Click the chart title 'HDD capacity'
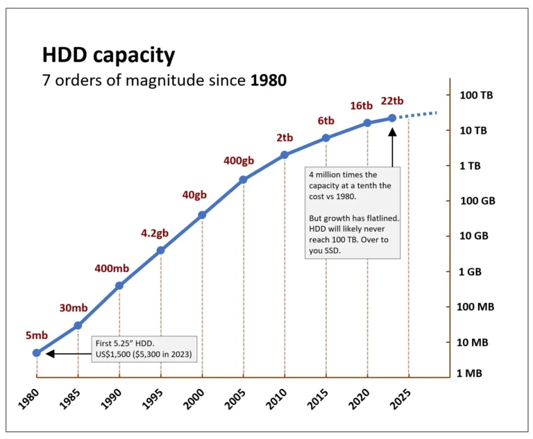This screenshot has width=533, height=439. (108, 55)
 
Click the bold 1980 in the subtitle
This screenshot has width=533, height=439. (267, 81)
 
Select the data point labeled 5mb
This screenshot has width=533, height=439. (37, 353)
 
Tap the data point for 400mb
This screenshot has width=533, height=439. (119, 286)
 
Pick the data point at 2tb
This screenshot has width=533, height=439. (285, 155)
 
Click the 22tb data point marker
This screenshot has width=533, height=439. (392, 118)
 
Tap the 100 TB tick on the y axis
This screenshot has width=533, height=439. (476, 95)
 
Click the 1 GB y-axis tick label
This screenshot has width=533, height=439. (470, 272)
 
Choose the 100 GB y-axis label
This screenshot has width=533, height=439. (476, 201)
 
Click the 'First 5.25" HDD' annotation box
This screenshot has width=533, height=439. (144, 349)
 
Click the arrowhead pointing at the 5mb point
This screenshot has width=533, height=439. (49, 354)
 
